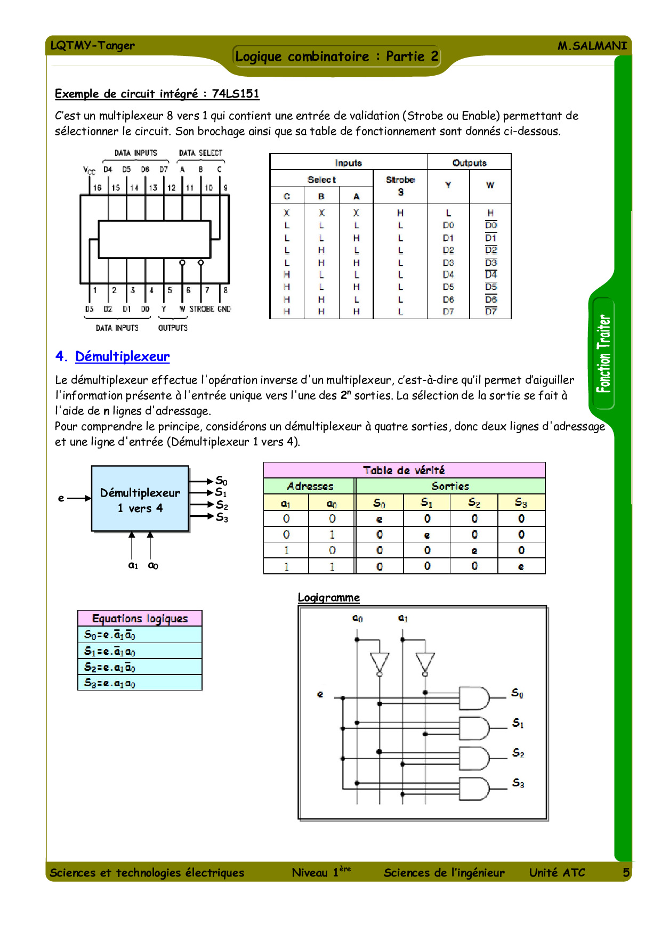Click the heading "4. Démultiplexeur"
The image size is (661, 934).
coord(112,356)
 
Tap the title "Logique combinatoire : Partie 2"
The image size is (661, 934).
coord(337,56)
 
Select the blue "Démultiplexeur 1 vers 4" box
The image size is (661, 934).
coord(140,499)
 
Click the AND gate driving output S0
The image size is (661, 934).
coord(474,698)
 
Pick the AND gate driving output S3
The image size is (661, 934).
coord(474,789)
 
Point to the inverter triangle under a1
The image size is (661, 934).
coord(425,662)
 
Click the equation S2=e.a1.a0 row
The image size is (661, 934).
coord(140,667)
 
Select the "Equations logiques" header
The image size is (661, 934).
coord(140,619)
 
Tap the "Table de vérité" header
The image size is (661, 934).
coord(404,470)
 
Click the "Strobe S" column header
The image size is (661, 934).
coord(400,186)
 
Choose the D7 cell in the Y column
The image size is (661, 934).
coord(448,311)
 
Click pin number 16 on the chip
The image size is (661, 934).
coord(97,188)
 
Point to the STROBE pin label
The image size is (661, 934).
coord(202,309)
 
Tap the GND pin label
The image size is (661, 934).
coord(224,309)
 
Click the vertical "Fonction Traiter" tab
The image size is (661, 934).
coord(603,354)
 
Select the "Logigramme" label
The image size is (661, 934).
coord(328,597)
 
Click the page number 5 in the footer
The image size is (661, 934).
coord(626,873)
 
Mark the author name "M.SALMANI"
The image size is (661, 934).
coord(592,46)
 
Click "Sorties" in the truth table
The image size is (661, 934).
coord(450,486)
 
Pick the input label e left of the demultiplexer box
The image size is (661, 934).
coord(61,498)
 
